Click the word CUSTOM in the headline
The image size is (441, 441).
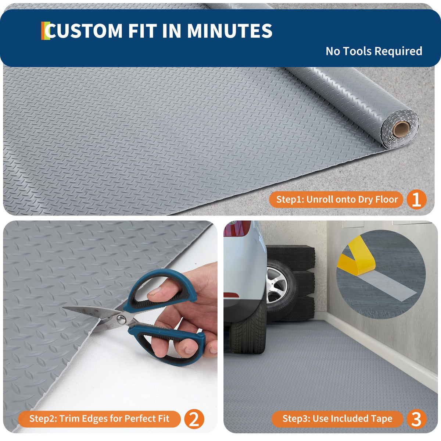point(85,31)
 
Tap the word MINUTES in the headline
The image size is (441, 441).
point(230,31)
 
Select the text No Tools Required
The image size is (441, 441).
point(374,51)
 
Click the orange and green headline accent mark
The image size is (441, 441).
point(45,31)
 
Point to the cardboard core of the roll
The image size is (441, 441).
point(401,129)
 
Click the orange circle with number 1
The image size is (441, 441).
point(416,200)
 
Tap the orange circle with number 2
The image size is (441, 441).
point(194,419)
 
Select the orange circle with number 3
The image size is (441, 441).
point(416,419)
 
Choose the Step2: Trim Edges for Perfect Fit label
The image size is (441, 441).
point(99,419)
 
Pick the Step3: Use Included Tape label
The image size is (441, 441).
point(337,419)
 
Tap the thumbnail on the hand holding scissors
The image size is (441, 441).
point(154,292)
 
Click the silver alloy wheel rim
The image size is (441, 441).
point(277,284)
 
